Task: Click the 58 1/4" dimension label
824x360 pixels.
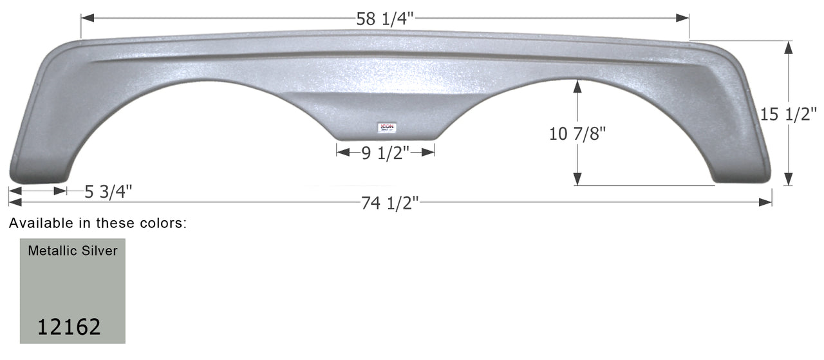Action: [x=385, y=19]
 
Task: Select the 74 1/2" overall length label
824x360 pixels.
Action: [x=390, y=203]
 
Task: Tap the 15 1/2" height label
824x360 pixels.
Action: [x=788, y=115]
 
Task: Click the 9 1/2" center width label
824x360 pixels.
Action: [x=384, y=153]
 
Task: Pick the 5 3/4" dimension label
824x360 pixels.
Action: [x=108, y=191]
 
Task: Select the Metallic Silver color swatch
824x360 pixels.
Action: [x=72, y=290]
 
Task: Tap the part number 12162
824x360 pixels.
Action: [x=69, y=327]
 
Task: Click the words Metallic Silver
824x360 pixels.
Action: [x=73, y=251]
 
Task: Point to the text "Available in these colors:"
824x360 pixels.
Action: [x=98, y=223]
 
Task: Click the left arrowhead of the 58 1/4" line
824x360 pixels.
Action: [x=86, y=19]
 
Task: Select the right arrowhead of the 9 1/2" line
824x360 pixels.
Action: [x=429, y=152]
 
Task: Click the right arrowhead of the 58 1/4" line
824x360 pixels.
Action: [x=684, y=19]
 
